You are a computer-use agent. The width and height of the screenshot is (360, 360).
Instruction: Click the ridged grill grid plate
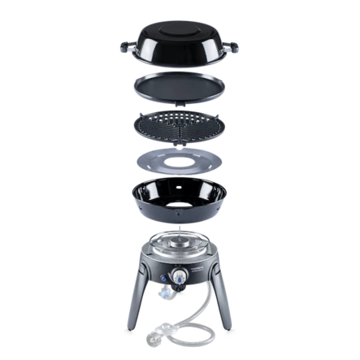pyautogui.click(x=180, y=127)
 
